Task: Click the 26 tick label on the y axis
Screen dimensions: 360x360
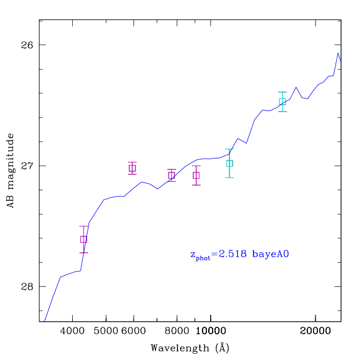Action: [x=27, y=45]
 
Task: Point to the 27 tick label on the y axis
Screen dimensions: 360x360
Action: [x=27, y=166]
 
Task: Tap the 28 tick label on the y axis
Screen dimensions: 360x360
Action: [x=27, y=287]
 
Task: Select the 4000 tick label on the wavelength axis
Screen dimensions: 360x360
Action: [x=72, y=331]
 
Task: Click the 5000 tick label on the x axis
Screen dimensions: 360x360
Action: [x=106, y=331]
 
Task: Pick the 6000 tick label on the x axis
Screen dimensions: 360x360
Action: [x=134, y=331]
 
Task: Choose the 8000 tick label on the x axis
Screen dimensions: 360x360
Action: [x=177, y=331]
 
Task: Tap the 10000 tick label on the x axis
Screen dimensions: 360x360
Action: [x=211, y=331]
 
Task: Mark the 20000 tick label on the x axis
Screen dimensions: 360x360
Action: [x=315, y=331]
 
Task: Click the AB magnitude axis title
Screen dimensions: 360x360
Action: [x=10, y=171]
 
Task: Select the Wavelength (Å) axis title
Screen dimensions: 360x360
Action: [x=190, y=348]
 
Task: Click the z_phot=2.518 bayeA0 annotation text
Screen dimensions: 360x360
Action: [x=240, y=255]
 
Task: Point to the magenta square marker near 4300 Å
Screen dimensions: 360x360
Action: [x=83, y=239]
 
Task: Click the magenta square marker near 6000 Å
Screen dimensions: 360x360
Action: [x=132, y=168]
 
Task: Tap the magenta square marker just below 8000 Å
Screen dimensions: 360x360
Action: [x=171, y=176]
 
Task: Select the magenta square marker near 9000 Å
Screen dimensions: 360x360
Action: [x=196, y=176]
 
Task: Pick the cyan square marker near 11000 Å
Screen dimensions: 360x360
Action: [x=230, y=164]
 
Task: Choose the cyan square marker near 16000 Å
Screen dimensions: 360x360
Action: [x=282, y=102]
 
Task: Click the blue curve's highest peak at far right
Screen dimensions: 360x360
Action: [x=338, y=53]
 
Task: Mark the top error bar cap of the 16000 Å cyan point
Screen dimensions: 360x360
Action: [x=282, y=92]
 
